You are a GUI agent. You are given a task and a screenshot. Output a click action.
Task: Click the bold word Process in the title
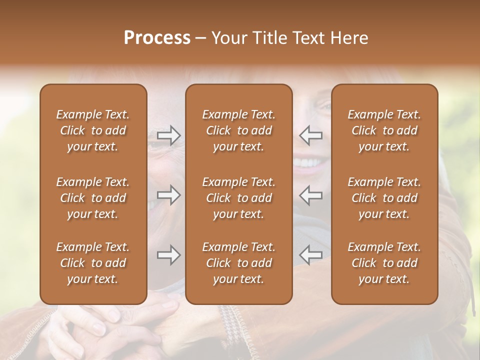(x=157, y=38)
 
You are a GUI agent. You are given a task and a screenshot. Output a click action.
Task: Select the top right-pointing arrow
(x=168, y=135)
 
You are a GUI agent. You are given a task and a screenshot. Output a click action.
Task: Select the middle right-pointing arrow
(x=168, y=195)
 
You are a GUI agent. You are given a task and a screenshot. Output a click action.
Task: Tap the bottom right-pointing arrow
(x=168, y=255)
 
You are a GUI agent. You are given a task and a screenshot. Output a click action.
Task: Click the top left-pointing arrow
(x=310, y=135)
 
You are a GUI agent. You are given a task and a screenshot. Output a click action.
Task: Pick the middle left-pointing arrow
(x=310, y=195)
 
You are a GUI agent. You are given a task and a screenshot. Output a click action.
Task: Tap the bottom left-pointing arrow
(x=310, y=255)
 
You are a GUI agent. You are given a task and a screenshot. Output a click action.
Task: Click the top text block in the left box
(x=93, y=130)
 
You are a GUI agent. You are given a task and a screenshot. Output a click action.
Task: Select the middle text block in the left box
(x=93, y=198)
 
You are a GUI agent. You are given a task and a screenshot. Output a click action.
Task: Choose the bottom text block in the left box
(x=93, y=263)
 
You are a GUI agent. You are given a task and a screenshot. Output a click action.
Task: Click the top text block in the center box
(x=238, y=130)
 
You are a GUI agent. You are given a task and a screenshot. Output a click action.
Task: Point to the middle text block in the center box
(x=238, y=198)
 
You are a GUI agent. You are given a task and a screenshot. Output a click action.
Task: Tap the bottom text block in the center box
(x=238, y=263)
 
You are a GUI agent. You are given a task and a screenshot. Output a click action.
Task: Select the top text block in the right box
(x=384, y=130)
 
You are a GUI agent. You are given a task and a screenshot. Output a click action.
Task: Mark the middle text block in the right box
(x=384, y=198)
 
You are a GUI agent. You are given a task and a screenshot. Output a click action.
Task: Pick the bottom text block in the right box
(x=384, y=263)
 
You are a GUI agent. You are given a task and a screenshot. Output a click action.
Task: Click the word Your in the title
(x=228, y=38)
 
